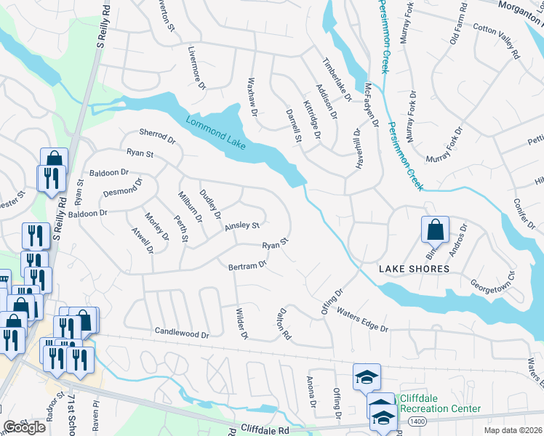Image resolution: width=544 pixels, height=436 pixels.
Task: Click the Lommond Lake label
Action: (215, 132)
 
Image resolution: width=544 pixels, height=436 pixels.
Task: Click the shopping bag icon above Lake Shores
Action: (434, 230)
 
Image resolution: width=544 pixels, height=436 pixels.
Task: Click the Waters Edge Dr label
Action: (361, 320)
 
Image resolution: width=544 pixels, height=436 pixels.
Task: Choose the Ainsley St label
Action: (241, 226)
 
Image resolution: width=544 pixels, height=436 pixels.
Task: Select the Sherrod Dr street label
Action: (158, 137)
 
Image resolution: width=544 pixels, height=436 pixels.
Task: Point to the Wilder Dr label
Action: (241, 324)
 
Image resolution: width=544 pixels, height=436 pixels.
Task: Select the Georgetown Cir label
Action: (492, 280)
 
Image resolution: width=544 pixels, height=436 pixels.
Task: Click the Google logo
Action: (24, 427)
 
